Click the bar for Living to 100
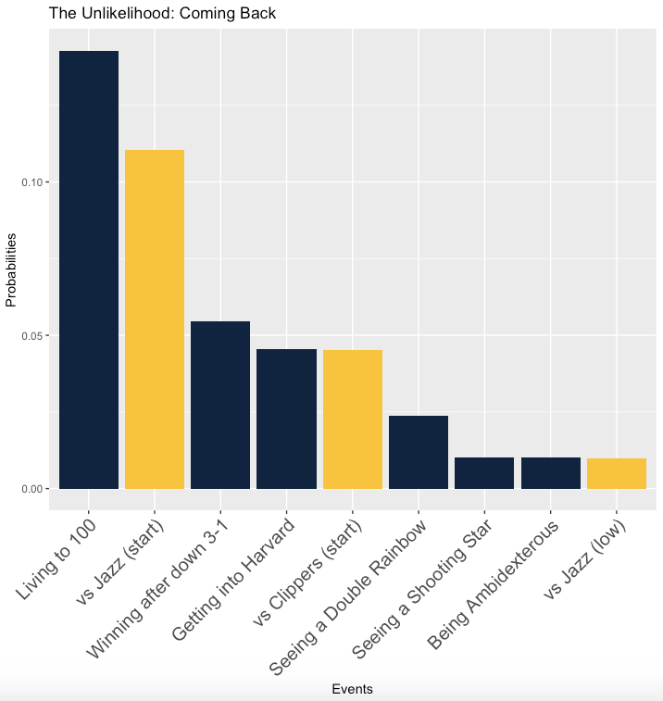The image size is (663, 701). tap(89, 269)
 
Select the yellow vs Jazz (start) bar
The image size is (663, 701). tap(155, 319)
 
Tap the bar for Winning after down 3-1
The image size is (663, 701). tap(220, 405)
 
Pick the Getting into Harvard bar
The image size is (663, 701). tap(286, 419)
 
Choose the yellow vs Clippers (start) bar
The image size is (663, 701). tap(353, 419)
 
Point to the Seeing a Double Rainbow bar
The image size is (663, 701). tap(419, 452)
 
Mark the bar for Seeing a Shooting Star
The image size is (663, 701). tap(484, 472)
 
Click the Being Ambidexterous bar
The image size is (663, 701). tap(551, 472)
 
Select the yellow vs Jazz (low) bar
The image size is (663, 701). tap(617, 473)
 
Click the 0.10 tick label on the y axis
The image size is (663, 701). tap(32, 182)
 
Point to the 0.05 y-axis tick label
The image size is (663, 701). tap(32, 335)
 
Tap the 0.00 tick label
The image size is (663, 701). tap(32, 488)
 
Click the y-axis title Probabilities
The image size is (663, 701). tap(11, 269)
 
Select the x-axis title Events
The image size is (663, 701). tap(352, 689)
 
